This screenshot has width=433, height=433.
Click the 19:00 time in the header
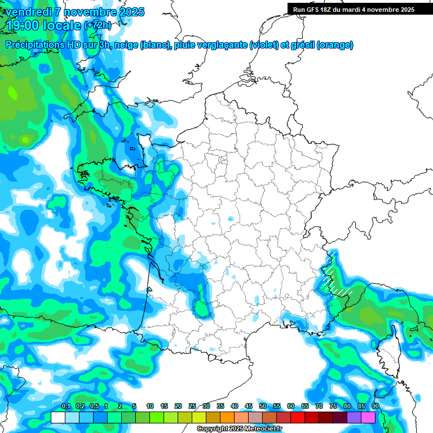click(23, 25)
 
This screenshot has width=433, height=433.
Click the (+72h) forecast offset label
click(98, 25)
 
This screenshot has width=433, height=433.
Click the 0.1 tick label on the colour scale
click(65, 407)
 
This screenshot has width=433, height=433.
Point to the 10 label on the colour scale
click(150, 407)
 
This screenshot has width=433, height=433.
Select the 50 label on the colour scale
click(263, 407)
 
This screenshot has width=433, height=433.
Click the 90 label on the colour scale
click(375, 407)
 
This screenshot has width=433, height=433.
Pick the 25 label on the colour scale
click(192, 407)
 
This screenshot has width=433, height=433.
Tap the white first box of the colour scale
click(58, 417)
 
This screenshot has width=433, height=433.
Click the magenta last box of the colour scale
click(368, 417)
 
